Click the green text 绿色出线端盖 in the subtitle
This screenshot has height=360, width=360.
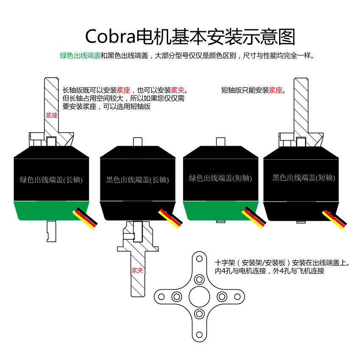(80, 55)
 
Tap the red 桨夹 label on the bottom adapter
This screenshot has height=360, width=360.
(137, 270)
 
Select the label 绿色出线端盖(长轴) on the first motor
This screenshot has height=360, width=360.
(51, 180)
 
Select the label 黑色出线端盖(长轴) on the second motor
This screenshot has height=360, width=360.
(137, 180)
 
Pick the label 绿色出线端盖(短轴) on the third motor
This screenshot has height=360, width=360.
(220, 178)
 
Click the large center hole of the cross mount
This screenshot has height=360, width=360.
(199, 296)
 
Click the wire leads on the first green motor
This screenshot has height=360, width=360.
(86, 217)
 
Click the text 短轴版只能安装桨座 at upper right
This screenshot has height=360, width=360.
(253, 90)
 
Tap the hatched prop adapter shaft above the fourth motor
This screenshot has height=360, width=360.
(301, 106)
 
